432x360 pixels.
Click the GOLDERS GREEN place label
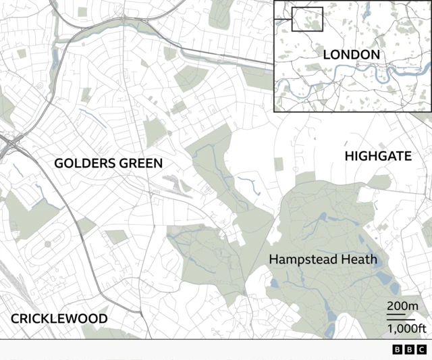(x=108, y=163)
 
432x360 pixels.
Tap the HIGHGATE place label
(x=378, y=156)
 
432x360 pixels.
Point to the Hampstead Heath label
(x=323, y=259)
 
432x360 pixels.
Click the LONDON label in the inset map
(x=351, y=54)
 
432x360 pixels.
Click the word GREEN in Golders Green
(x=139, y=163)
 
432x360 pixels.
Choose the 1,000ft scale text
(x=405, y=329)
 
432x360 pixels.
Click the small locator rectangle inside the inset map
(x=308, y=19)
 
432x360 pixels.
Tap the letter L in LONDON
(x=327, y=54)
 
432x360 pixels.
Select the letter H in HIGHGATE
(x=349, y=156)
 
